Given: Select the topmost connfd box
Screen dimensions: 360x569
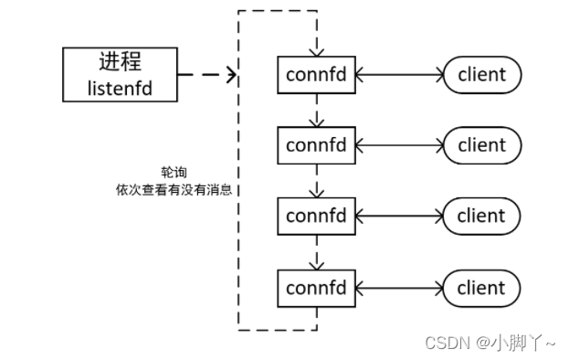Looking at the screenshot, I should pos(316,74).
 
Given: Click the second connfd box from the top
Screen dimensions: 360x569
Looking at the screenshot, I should pos(316,145).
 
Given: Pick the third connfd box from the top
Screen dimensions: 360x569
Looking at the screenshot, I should pos(316,217).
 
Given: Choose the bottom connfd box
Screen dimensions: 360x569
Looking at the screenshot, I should pos(316,288).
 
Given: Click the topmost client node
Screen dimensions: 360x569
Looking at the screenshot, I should pos(481,74).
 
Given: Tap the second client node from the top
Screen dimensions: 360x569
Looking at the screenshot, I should pos(481,145).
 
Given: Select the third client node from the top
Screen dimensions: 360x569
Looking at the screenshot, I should pos(481,217).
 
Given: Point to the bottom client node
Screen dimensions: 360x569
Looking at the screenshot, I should pos(481,288).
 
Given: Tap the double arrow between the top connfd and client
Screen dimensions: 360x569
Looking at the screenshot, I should pos(399,74).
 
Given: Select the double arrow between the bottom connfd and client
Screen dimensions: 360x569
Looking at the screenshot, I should pos(399,288).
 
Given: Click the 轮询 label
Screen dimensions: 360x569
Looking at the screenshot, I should pos(171,172).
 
